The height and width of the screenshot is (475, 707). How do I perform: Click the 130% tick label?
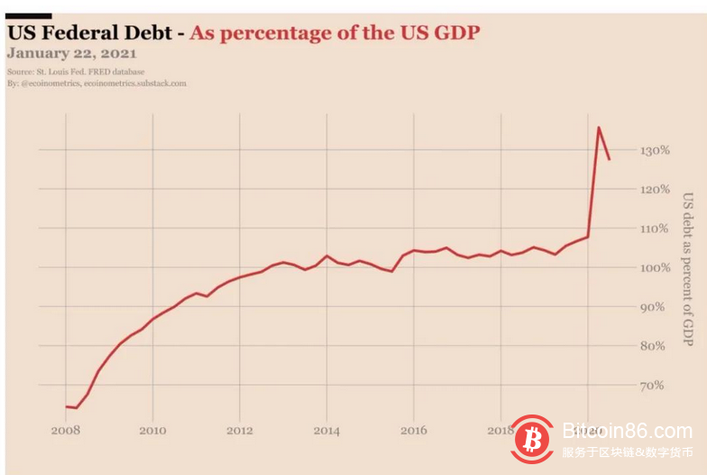(x=629, y=151)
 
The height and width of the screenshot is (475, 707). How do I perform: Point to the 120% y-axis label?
(x=629, y=190)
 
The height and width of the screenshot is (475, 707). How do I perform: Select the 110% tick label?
(x=629, y=229)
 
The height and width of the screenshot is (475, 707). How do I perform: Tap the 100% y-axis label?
(x=629, y=268)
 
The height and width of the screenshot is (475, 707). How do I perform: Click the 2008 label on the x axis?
(x=66, y=431)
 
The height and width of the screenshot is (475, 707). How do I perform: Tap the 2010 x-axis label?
(x=152, y=431)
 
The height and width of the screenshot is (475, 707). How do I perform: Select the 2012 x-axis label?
(x=240, y=431)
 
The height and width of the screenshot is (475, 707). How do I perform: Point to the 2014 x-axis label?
(x=326, y=431)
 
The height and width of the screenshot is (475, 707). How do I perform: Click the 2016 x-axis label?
(x=414, y=431)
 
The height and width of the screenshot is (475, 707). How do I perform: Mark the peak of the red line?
(x=599, y=127)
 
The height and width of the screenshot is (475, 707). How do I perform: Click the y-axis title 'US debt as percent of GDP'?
(x=687, y=268)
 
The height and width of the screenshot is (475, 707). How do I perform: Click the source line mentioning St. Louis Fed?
(x=76, y=71)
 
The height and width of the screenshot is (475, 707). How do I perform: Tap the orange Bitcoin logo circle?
(x=532, y=439)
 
